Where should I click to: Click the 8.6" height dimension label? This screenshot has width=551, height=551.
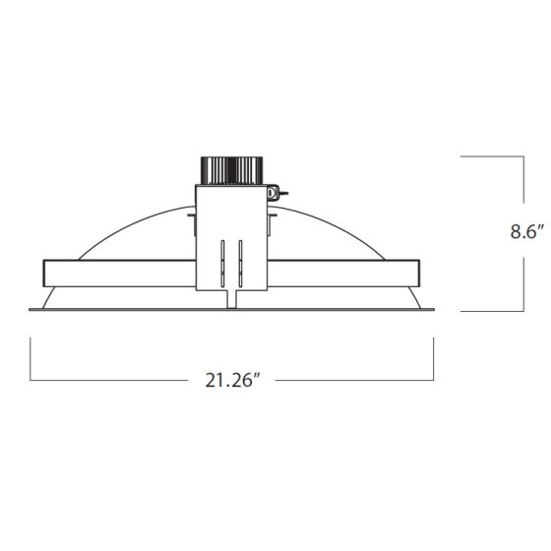[526, 231]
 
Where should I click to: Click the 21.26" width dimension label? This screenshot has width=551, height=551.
[232, 380]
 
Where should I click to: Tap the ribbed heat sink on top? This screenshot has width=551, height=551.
[231, 170]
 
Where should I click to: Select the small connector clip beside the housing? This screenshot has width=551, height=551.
[275, 193]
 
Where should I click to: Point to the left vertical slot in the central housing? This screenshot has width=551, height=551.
[222, 264]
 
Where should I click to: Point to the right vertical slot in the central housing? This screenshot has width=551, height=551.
[240, 264]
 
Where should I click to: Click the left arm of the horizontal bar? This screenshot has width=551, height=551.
[119, 274]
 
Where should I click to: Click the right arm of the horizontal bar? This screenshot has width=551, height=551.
[343, 274]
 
